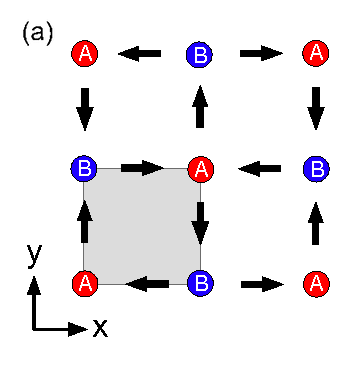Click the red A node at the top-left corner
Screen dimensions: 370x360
85,54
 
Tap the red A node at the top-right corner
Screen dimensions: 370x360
317,54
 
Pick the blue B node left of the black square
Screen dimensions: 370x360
85,168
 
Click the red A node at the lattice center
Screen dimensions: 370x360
201,169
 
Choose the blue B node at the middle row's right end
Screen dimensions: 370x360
317,168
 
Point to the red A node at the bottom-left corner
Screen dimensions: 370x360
85,283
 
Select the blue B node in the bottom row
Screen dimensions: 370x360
200,283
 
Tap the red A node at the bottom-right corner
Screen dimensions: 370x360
317,283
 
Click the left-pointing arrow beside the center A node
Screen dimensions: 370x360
262,169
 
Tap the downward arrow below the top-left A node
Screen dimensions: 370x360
85,108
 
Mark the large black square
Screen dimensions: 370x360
142,226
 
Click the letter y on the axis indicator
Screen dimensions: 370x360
35,254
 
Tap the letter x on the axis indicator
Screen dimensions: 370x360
100,327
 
